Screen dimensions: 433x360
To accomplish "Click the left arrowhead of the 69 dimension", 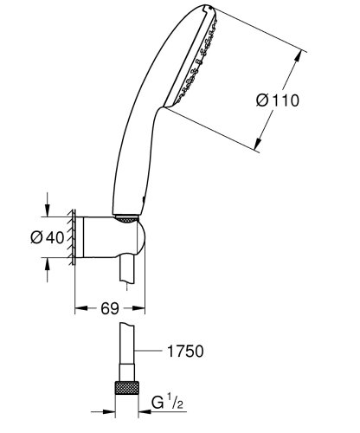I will (80, 306).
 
